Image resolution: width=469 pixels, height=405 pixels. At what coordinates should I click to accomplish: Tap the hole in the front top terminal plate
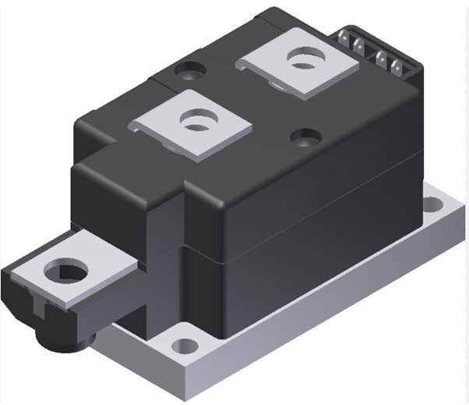192,121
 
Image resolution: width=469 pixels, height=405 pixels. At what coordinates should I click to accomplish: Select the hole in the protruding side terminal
62,272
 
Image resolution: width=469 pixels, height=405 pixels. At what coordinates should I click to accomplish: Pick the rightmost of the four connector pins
397,66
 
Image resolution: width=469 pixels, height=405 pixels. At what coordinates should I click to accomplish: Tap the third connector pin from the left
383,61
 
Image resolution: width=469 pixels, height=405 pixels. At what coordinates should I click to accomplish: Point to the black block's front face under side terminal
156,297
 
